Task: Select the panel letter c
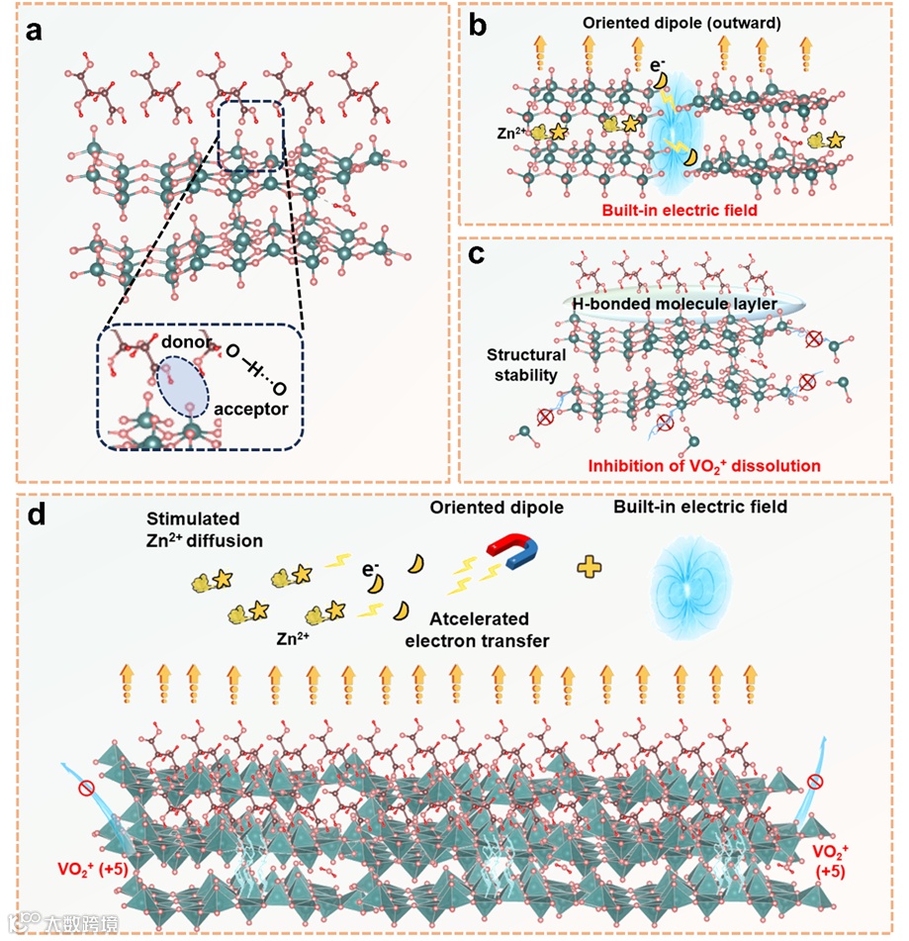477,256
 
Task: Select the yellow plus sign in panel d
591,566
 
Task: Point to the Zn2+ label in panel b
511,129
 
